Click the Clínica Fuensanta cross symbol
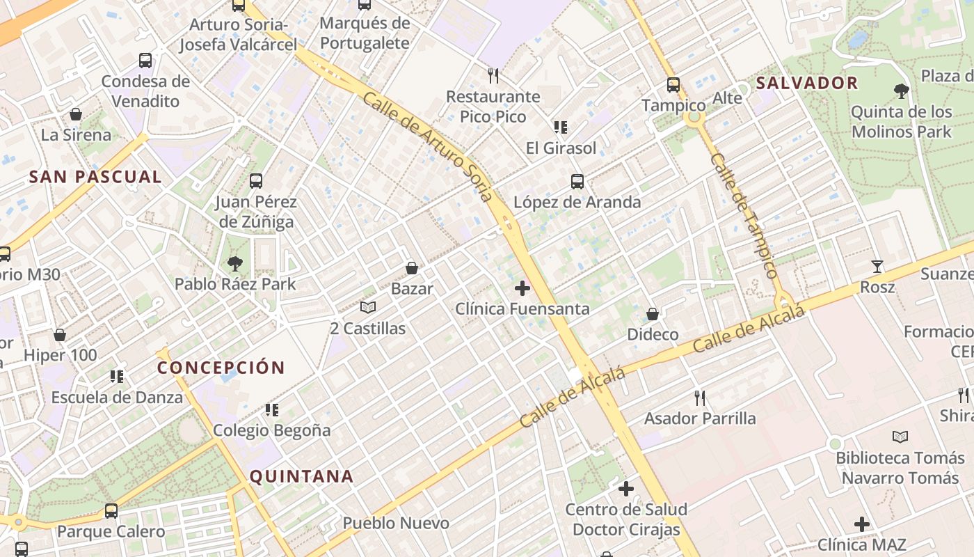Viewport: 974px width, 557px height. pyautogui.click(x=522, y=288)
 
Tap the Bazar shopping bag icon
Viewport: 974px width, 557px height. pyautogui.click(x=412, y=268)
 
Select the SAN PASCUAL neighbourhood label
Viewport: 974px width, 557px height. pyautogui.click(x=95, y=177)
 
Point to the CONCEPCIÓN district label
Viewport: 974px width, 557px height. pyautogui.click(x=221, y=368)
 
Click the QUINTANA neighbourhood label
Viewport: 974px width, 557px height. pyautogui.click(x=301, y=477)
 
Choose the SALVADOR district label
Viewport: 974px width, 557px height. pyautogui.click(x=807, y=83)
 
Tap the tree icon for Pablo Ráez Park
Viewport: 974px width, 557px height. pyautogui.click(x=235, y=263)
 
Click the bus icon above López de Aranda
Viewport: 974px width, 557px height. pyautogui.click(x=577, y=182)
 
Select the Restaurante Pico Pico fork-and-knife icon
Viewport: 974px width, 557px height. pyautogui.click(x=493, y=75)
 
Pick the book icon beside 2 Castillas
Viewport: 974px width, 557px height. pyautogui.click(x=368, y=307)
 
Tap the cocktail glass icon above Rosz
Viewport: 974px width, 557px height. pyautogui.click(x=877, y=267)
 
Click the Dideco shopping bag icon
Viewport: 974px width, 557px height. pyautogui.click(x=653, y=314)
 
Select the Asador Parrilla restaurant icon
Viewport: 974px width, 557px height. pyautogui.click(x=700, y=398)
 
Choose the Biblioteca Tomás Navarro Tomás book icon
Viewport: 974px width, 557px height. pyautogui.click(x=900, y=437)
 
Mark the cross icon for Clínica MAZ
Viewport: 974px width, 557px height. pyautogui.click(x=862, y=524)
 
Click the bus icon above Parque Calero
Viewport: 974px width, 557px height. pyautogui.click(x=111, y=511)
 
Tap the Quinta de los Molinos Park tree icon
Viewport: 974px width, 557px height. pyautogui.click(x=902, y=91)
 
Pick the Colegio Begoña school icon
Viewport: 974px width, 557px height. pyautogui.click(x=272, y=410)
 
